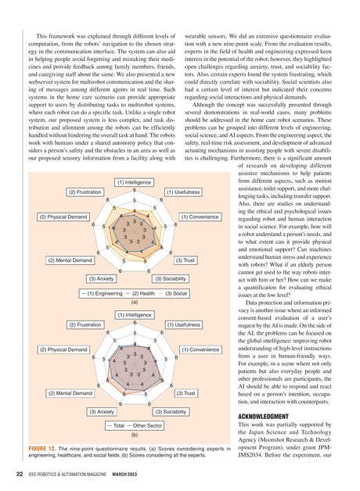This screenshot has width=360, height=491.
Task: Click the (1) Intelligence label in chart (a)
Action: (x=134, y=183)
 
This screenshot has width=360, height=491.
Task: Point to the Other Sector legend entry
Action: (x=146, y=425)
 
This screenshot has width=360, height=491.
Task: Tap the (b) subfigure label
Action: (x=134, y=434)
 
